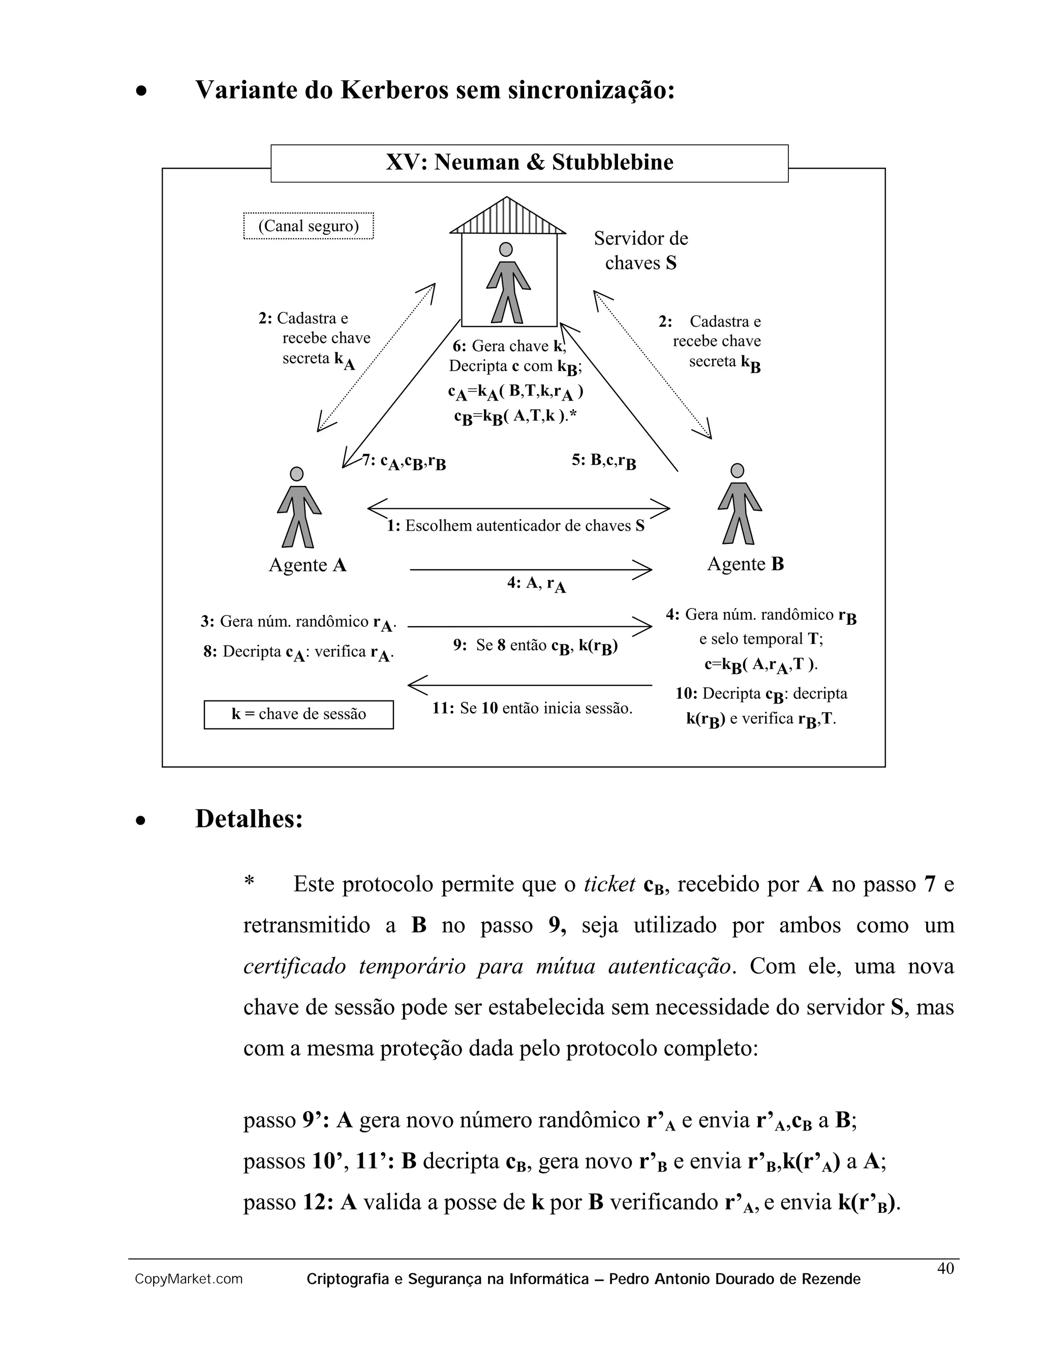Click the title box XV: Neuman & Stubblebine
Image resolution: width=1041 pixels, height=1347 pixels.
click(x=529, y=163)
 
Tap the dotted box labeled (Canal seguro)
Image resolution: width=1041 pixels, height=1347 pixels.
click(x=309, y=226)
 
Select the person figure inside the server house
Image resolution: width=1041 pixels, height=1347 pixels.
click(x=508, y=284)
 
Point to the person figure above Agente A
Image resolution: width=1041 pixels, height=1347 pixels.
click(x=298, y=508)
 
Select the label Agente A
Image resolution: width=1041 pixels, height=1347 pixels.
click(x=307, y=565)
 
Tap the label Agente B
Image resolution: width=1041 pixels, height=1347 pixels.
click(x=745, y=564)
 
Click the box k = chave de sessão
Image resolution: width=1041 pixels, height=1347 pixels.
click(x=298, y=714)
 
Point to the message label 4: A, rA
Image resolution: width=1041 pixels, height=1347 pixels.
click(x=536, y=584)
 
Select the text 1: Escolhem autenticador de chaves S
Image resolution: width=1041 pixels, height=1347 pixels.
click(x=515, y=526)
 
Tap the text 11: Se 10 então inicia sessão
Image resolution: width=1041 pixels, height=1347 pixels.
click(x=532, y=708)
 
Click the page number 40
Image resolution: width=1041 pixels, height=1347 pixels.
click(x=945, y=1268)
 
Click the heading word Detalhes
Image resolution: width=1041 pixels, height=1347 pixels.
click(x=249, y=819)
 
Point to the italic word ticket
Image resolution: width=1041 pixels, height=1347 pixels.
click(x=609, y=884)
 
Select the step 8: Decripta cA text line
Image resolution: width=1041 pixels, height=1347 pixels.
click(x=298, y=653)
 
